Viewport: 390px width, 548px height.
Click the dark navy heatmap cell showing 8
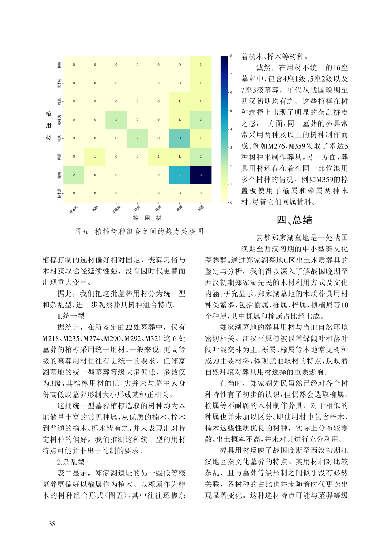coord(201,175)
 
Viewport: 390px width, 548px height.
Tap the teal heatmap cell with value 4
coord(179,175)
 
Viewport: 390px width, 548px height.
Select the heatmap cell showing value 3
coord(179,138)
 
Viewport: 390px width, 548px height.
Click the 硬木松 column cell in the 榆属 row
coord(74,175)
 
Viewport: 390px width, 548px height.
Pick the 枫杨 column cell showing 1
coord(95,157)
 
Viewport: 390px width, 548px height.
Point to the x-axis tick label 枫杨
coord(95,208)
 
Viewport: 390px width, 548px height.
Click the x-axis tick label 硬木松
coord(73,209)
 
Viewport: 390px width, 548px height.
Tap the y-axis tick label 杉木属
coord(59,193)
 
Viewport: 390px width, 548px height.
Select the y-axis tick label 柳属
coord(59,65)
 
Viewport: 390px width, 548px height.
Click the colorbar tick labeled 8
coord(231,56)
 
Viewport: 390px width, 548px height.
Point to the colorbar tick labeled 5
coord(231,111)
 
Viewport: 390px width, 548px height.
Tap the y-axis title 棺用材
coord(48,126)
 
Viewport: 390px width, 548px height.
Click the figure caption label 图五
coord(82,232)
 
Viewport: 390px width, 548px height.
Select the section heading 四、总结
coord(294,220)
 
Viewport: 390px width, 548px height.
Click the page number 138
coord(51,524)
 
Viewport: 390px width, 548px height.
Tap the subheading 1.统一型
coord(71,316)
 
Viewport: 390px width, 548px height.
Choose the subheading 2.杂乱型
coord(71,462)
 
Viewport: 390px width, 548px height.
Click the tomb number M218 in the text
coord(51,338)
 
